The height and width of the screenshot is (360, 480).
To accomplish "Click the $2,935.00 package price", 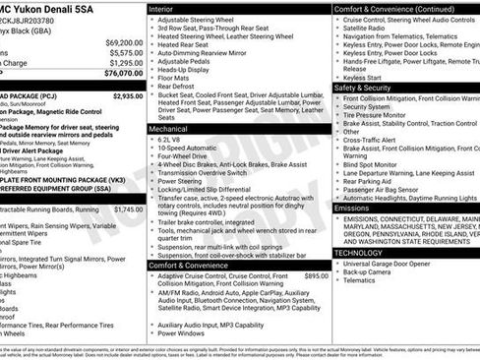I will pos(127,96).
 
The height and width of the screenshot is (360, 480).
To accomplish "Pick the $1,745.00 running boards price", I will pos(127,210).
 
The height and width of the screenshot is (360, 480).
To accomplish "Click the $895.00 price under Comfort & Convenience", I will pos(316,276).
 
